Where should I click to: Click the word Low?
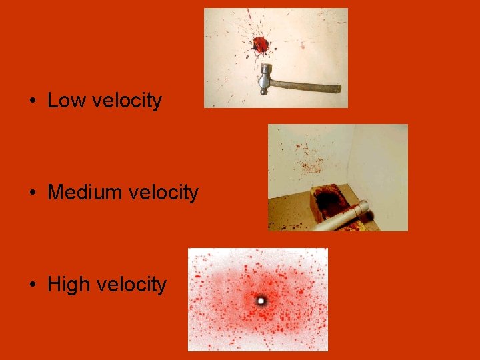(x=67, y=101)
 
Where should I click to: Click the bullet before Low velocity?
(x=32, y=101)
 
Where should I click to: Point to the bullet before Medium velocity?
(x=32, y=193)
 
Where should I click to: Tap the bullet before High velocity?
(x=32, y=285)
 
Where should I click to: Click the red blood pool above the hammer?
(x=260, y=45)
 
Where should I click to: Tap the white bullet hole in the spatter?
(x=260, y=301)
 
